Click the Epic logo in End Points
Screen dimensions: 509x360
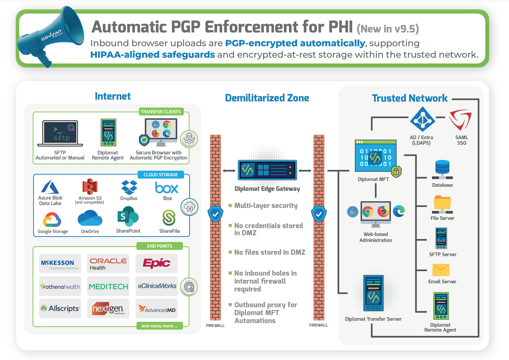(x=156, y=263)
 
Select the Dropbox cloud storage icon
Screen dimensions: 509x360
(x=129, y=187)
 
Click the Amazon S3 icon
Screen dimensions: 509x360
(x=90, y=187)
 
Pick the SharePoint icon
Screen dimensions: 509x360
(x=128, y=217)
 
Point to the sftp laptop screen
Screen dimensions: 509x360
(x=60, y=132)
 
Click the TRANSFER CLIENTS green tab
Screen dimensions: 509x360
(x=161, y=112)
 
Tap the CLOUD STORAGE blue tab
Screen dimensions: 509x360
(x=161, y=175)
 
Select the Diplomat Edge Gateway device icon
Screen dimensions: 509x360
(x=267, y=170)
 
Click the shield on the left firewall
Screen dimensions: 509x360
(x=216, y=214)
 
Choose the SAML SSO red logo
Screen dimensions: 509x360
(x=460, y=120)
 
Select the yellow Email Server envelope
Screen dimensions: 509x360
(x=441, y=270)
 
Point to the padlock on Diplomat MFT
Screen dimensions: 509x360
(x=396, y=172)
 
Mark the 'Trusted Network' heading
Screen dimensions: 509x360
(x=410, y=98)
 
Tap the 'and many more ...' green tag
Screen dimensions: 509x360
(x=160, y=326)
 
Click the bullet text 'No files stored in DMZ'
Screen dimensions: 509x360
(x=270, y=252)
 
